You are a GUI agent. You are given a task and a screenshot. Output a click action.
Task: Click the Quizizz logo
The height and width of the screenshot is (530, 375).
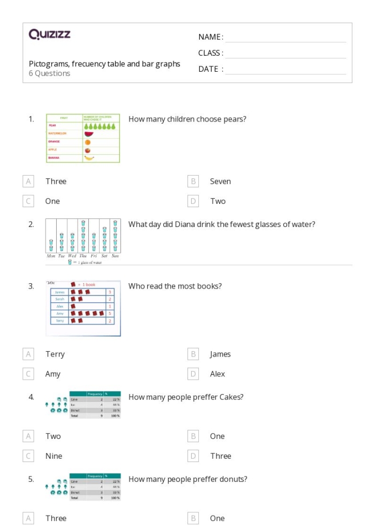[49, 35]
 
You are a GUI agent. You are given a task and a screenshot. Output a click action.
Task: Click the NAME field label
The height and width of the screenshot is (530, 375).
[211, 37]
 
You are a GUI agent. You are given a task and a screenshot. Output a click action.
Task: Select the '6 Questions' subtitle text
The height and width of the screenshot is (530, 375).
[49, 74]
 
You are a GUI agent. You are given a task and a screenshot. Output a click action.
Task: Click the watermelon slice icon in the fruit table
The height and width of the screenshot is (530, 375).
[88, 134]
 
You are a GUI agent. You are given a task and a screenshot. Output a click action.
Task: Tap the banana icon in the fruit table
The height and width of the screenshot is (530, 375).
[89, 158]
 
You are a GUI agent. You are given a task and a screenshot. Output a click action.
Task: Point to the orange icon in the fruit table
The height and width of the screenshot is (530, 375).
[88, 142]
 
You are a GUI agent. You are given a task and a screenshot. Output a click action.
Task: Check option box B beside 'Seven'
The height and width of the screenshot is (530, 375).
[193, 181]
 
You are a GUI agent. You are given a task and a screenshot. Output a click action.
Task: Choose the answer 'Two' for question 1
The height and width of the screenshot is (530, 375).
[217, 201]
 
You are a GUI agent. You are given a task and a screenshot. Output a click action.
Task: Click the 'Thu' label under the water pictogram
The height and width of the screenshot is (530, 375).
[82, 256]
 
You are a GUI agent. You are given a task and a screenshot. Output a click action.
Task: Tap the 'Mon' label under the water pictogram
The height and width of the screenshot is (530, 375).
[51, 256]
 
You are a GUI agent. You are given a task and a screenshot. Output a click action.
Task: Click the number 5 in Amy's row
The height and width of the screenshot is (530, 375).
[109, 313]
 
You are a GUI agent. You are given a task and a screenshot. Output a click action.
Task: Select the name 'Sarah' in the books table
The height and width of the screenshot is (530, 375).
[59, 299]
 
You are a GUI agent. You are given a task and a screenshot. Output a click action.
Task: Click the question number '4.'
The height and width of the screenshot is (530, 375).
[32, 397]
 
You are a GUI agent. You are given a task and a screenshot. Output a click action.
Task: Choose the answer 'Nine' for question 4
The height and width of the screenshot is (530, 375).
[54, 456]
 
